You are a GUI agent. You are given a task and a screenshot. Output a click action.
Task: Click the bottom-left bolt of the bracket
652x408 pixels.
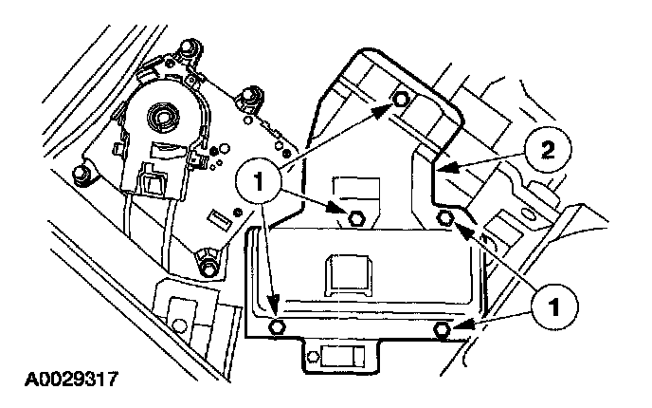[x=278, y=327]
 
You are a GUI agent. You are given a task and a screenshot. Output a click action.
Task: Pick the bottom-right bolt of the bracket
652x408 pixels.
[x=443, y=328]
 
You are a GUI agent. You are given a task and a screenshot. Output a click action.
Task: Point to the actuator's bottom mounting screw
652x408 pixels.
[x=206, y=260]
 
